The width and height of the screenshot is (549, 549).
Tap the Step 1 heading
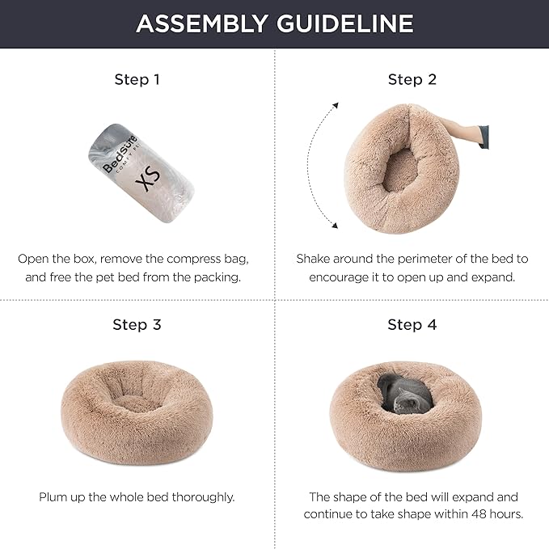click(x=137, y=79)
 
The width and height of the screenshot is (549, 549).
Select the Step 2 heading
click(x=412, y=79)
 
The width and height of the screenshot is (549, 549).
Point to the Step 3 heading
click(x=137, y=324)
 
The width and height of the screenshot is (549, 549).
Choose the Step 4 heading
click(x=412, y=324)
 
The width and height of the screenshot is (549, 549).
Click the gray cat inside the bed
click(x=401, y=395)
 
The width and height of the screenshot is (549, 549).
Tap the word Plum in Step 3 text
click(x=53, y=497)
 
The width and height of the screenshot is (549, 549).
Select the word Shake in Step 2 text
click(x=315, y=259)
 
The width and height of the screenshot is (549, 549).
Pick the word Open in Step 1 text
click(x=33, y=259)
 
